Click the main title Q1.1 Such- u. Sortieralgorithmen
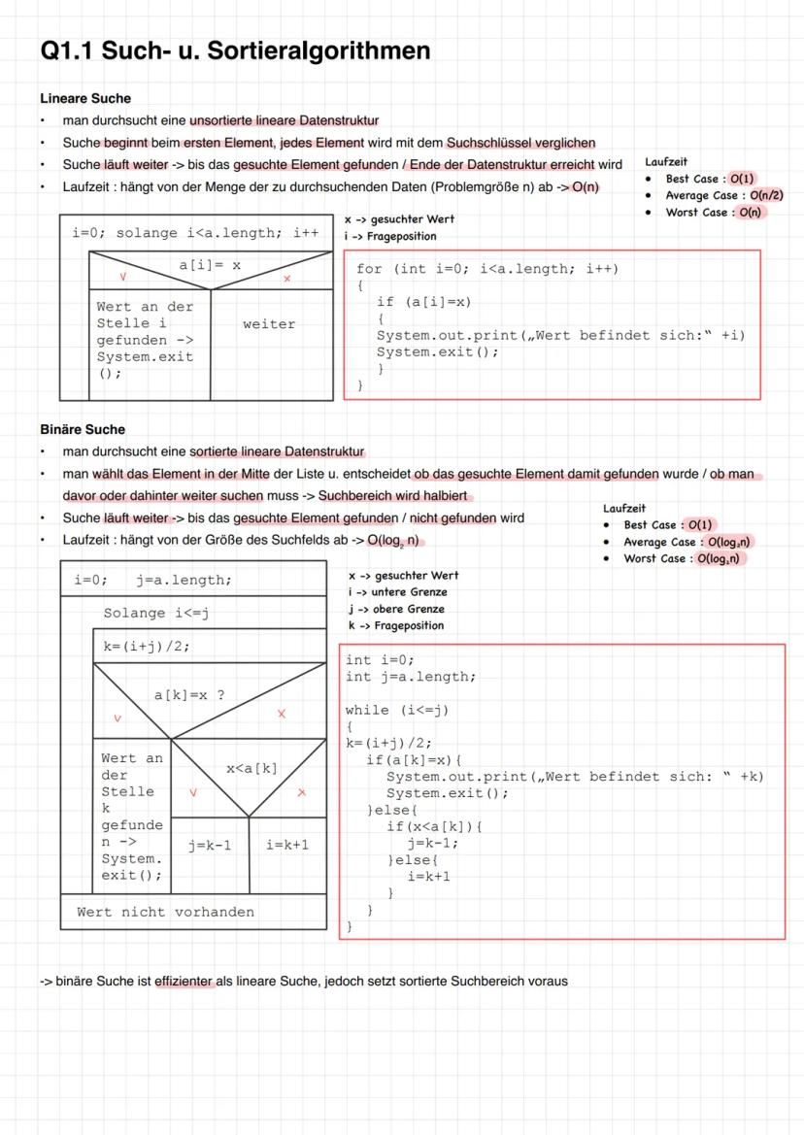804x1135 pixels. coord(235,50)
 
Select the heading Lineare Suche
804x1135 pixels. coord(85,98)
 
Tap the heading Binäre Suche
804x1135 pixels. coord(83,429)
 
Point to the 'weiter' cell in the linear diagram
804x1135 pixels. coord(269,324)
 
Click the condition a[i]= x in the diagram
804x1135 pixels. coord(211,264)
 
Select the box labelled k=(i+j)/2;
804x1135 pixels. coord(147,647)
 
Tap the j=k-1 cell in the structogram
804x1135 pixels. coord(210,845)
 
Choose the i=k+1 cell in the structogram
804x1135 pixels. coord(286,845)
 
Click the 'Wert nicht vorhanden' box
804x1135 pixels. coord(165,912)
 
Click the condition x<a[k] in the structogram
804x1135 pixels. coord(251,768)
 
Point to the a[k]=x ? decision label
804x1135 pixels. coord(190,695)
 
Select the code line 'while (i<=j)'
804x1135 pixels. coord(397,710)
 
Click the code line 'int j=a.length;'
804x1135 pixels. coord(411,677)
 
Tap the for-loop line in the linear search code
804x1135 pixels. coord(486,269)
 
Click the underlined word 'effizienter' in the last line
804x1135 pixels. coord(184,981)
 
